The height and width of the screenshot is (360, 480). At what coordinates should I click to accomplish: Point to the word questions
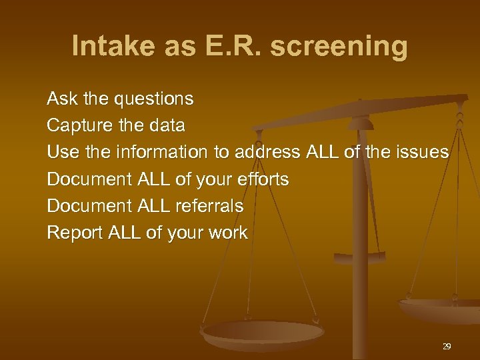pos(154,100)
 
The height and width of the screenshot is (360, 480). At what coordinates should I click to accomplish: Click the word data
pos(167,125)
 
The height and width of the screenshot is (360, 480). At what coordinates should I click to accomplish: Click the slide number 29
pos(447,347)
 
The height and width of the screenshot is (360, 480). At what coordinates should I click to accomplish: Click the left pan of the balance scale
pos(262,332)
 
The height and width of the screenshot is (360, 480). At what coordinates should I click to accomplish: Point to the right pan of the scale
pos(440,308)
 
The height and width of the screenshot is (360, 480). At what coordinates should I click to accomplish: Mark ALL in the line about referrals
pos(153,206)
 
